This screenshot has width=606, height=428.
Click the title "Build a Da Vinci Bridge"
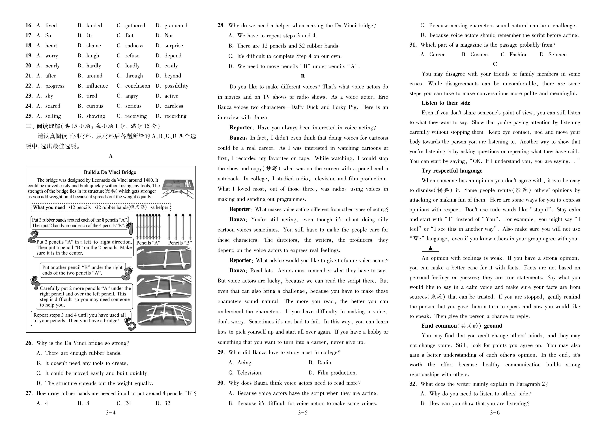[x=110, y=172]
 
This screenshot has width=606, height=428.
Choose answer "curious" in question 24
[x=94, y=106]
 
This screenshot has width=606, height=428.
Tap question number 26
[x=29, y=343]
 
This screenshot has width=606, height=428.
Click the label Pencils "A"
[x=148, y=243]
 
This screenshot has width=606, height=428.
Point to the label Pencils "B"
[x=180, y=243]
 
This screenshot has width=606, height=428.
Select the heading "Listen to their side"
[x=446, y=103]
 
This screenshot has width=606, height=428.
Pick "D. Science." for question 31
[x=554, y=55]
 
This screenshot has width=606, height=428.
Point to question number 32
[x=413, y=384]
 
